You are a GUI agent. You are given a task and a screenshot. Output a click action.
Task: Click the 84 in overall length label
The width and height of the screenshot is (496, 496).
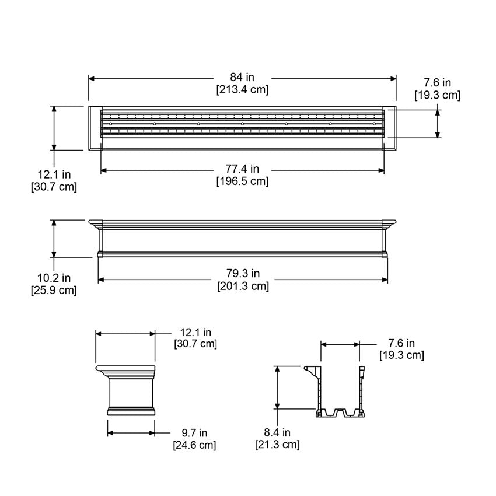pos(242,78)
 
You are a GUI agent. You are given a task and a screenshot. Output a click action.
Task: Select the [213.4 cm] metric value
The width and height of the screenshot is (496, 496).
pos(242,89)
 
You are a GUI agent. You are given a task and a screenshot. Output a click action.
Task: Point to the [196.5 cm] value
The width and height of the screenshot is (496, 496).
pos(242,181)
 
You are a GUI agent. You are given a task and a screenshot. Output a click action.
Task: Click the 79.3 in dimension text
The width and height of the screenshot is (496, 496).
pos(242,274)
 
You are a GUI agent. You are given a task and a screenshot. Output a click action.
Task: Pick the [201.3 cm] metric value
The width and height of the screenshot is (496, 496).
pos(243,286)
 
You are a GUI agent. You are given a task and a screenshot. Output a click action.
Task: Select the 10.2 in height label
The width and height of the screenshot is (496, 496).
pos(54,278)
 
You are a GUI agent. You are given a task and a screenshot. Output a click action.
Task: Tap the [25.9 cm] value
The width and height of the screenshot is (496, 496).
pos(54,290)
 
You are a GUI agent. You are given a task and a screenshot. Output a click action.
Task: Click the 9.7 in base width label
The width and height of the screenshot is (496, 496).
pos(194,433)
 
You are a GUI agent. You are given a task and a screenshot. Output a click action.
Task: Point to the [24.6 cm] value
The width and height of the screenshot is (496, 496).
pos(194,445)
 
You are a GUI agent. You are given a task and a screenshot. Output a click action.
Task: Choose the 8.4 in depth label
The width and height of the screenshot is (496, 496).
pos(277,433)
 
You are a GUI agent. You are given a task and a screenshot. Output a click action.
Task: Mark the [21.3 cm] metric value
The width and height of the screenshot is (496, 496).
pos(277,445)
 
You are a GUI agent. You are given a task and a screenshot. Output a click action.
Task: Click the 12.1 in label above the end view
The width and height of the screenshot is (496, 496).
pos(195,332)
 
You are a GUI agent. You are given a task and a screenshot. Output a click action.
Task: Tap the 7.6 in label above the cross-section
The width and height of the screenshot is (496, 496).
pos(401,343)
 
